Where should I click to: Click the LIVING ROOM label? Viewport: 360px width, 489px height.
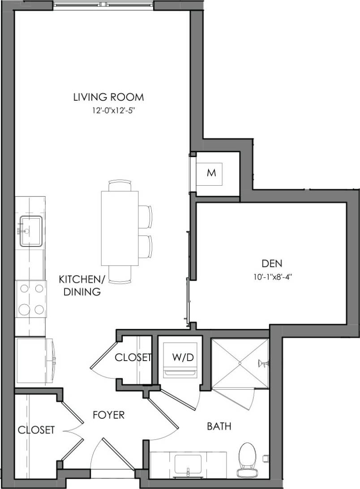(x=108, y=97)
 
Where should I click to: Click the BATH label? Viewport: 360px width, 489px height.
(x=219, y=426)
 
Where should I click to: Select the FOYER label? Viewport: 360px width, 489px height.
(x=108, y=415)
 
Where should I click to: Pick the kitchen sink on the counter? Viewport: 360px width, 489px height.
(x=30, y=231)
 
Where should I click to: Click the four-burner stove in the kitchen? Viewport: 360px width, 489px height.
(x=31, y=299)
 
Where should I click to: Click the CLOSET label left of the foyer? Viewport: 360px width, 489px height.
(x=36, y=430)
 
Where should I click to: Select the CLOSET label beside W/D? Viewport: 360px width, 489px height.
(x=133, y=357)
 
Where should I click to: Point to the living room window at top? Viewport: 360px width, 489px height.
(x=104, y=5)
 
